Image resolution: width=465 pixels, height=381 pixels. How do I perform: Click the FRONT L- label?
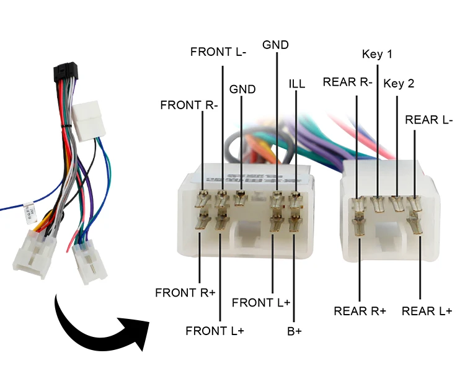218,52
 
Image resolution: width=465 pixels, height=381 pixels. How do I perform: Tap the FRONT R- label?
189,105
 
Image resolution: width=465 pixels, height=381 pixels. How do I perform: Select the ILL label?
297,83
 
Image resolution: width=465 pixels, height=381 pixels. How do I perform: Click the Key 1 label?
377,54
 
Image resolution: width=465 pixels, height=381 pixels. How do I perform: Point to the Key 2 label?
399,83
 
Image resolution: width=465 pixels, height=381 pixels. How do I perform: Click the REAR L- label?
429,119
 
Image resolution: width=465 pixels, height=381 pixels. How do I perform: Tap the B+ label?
294,331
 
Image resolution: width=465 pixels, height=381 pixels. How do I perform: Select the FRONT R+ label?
185,292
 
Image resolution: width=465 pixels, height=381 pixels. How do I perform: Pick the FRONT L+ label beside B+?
261,302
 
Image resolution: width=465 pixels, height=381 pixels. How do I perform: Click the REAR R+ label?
360,310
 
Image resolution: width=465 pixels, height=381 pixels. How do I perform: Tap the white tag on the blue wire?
27,213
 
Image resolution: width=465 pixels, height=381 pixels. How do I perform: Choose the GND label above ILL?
275,45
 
